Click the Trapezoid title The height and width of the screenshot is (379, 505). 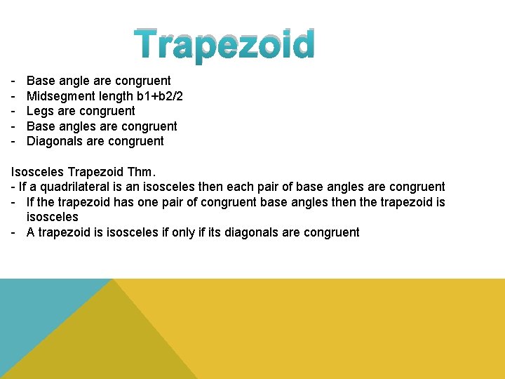coord(225,45)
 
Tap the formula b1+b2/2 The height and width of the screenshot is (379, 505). coord(156,95)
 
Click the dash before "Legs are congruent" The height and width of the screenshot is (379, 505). coord(14,111)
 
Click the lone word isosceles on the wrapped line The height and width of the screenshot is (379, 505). coord(52,217)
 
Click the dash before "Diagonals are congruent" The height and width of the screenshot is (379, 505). coord(14,141)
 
